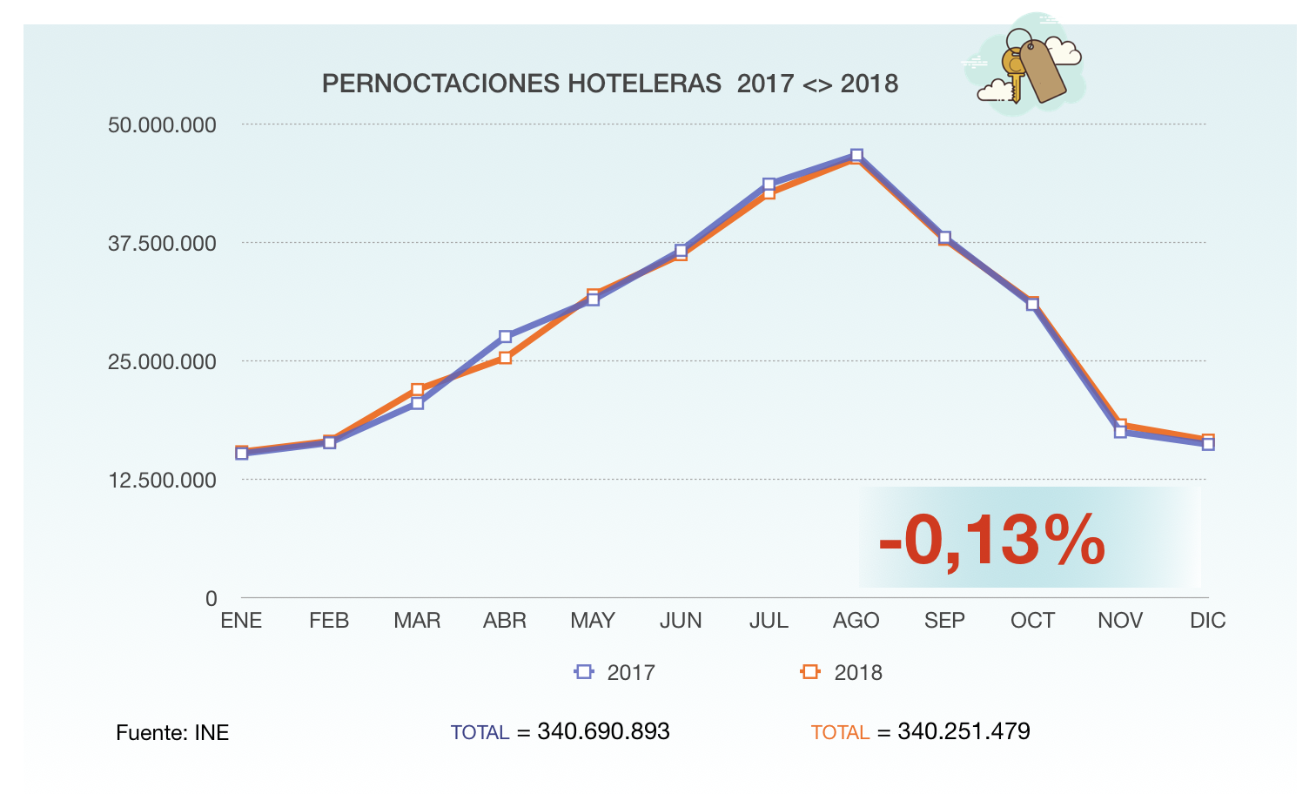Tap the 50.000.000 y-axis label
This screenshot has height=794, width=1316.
[162, 124]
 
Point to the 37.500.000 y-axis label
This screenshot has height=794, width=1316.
[162, 243]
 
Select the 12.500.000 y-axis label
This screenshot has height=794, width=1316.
[162, 480]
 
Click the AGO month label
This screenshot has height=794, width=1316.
[856, 621]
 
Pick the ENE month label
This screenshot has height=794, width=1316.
[241, 621]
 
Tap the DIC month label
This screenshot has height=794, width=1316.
[1207, 621]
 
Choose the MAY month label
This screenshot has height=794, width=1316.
[593, 621]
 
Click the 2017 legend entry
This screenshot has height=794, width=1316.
[615, 672]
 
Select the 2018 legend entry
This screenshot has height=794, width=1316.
[842, 672]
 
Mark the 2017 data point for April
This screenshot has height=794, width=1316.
[505, 337]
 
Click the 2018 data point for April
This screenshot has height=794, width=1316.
[505, 358]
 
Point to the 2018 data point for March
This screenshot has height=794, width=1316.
[418, 389]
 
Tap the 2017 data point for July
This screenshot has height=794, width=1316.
[769, 185]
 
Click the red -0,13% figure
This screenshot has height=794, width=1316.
[992, 541]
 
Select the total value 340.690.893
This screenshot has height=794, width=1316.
[603, 731]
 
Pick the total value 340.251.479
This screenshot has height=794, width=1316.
[963, 731]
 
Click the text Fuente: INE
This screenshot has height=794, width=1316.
[172, 733]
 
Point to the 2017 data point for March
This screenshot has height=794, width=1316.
[418, 403]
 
